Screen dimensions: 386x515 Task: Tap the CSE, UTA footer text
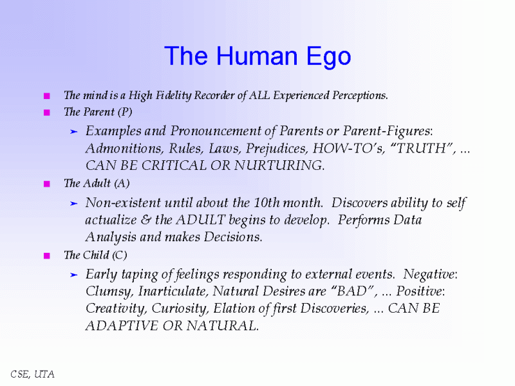32,373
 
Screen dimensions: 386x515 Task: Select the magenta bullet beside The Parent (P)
46,113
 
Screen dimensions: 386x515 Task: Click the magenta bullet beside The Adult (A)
46,184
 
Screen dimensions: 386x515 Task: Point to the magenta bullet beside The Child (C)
46,255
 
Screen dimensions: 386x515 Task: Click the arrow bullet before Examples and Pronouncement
73,131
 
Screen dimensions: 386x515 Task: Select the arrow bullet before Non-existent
73,203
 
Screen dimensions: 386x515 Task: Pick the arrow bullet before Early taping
73,274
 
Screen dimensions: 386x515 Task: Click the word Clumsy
105,291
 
